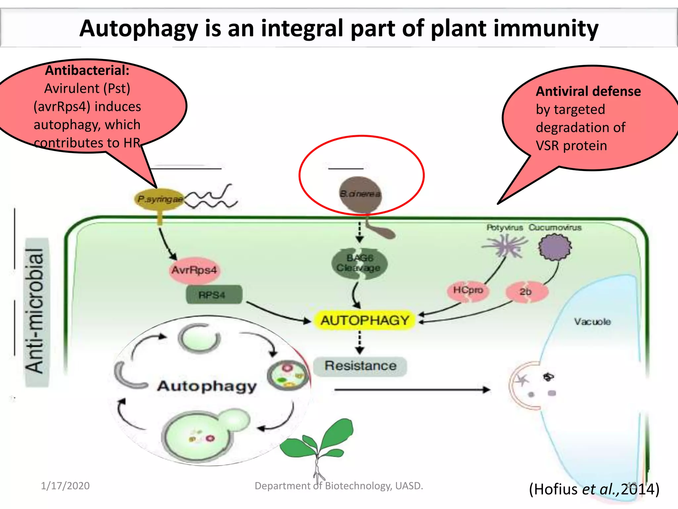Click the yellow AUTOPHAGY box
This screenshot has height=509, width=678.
point(365,320)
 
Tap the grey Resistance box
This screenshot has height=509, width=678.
point(360,366)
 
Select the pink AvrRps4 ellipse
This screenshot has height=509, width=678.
point(194,270)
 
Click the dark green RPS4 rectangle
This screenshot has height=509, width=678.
point(214,295)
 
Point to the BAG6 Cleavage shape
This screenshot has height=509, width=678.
point(359,263)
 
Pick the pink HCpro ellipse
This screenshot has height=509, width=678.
point(468,291)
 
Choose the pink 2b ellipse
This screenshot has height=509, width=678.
point(526,292)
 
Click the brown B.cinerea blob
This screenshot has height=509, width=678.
point(360,194)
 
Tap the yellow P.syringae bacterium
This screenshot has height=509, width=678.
point(160,199)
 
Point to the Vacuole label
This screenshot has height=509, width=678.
point(592,322)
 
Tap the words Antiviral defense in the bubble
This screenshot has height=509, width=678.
point(588,91)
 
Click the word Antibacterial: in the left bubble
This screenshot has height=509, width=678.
point(87,71)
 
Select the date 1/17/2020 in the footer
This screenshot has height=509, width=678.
point(65,486)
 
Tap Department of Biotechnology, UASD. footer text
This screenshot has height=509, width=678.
point(339,486)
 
